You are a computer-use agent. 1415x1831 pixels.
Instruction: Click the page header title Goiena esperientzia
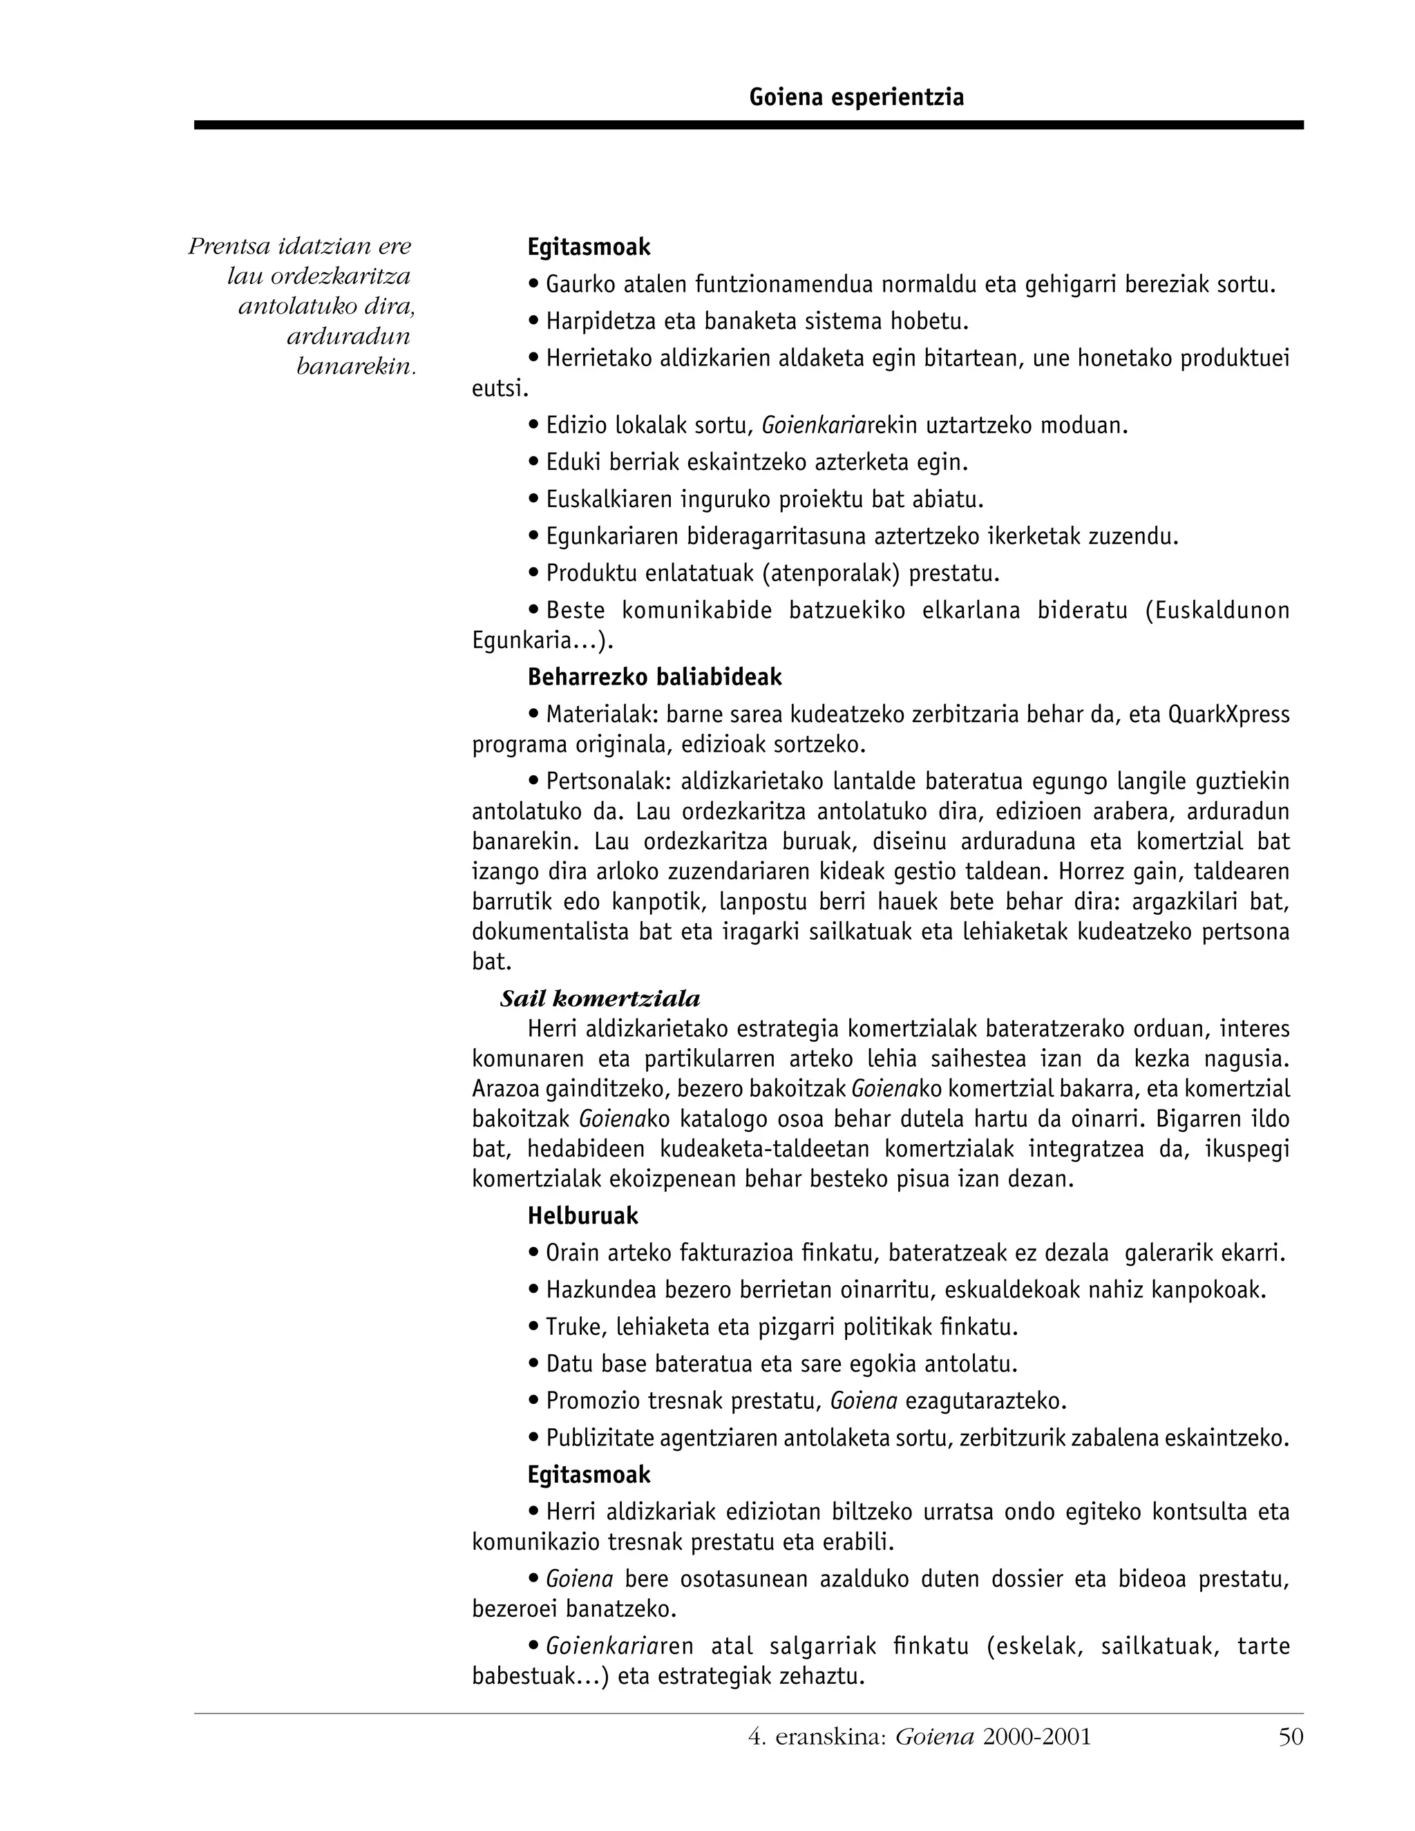coord(856,97)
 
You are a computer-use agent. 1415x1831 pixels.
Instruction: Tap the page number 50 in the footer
coord(1291,1736)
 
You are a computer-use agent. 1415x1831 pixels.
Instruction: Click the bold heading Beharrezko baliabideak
coord(655,676)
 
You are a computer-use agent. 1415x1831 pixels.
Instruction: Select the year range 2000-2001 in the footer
coord(1037,1736)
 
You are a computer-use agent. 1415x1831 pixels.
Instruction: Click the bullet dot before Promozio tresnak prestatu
coord(533,1401)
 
